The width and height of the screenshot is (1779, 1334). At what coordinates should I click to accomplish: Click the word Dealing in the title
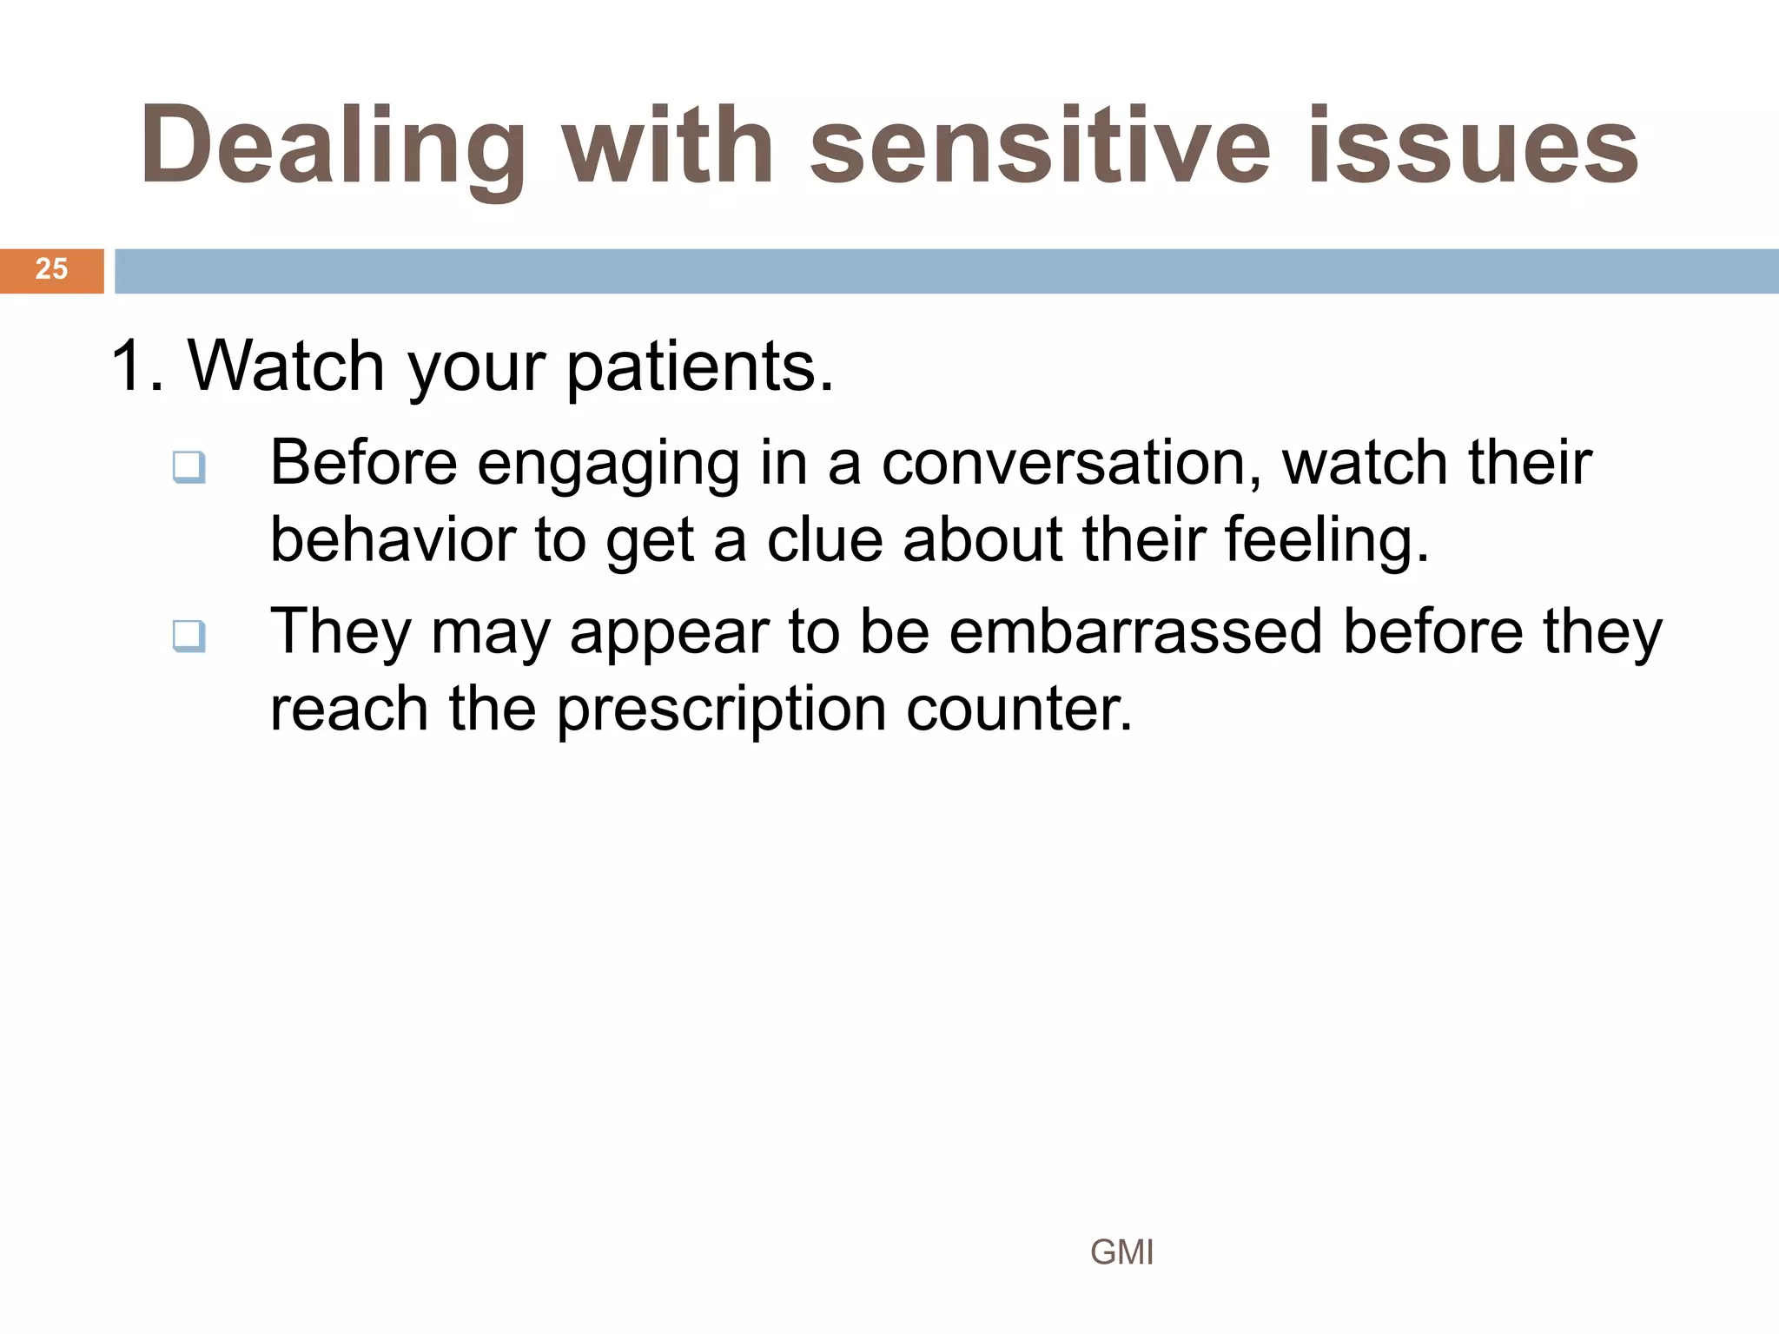click(333, 146)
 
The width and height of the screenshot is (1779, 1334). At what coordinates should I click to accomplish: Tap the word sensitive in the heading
click(1039, 146)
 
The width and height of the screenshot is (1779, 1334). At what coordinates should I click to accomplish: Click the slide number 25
click(51, 269)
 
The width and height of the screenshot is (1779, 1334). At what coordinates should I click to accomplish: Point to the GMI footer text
click(1121, 1252)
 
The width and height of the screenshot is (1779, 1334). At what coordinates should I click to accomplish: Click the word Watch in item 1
click(286, 366)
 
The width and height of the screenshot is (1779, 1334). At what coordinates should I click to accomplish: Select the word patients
click(699, 366)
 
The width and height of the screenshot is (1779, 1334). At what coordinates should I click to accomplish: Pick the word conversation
click(1071, 462)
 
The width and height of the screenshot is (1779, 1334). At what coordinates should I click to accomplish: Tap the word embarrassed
click(1135, 631)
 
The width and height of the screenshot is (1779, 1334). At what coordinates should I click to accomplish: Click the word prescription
click(721, 709)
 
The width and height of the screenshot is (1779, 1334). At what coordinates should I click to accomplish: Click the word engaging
click(608, 464)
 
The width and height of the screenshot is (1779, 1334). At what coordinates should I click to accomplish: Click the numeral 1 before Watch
click(129, 366)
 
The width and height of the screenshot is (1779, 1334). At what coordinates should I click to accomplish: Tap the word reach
click(349, 709)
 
